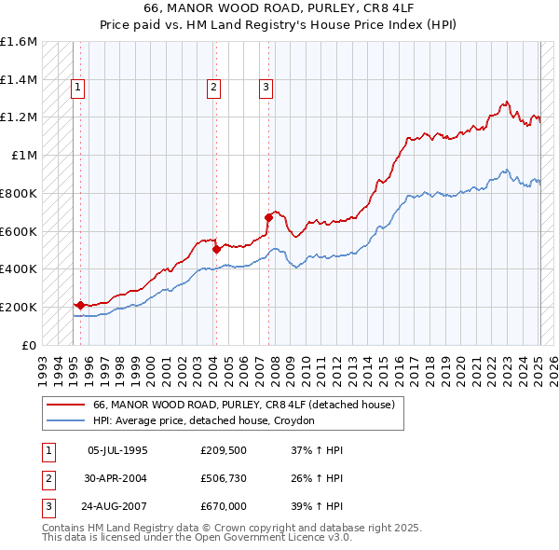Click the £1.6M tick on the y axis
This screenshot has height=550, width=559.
[19, 42]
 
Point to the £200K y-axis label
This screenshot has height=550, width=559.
[19, 307]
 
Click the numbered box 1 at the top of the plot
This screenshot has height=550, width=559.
[77, 88]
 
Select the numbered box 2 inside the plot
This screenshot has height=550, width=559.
[213, 88]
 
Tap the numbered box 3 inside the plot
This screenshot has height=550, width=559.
[266, 88]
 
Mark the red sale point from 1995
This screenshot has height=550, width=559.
[80, 305]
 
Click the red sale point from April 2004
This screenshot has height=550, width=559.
[216, 249]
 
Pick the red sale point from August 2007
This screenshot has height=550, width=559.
[268, 217]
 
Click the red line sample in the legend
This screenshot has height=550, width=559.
[65, 405]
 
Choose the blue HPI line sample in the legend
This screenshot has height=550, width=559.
[65, 420]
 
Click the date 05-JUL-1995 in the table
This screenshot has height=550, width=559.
[117, 450]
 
